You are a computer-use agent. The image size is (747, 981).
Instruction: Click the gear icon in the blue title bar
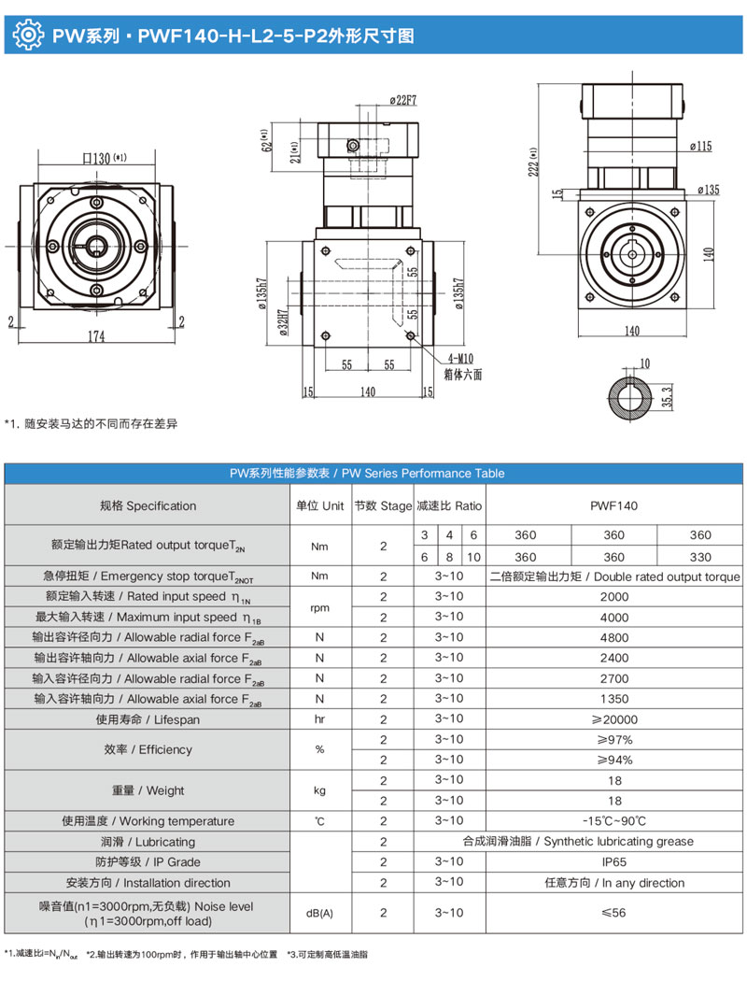(29, 36)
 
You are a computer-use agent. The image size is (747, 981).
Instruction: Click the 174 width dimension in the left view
(96, 337)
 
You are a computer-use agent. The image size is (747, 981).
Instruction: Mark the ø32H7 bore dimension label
(282, 321)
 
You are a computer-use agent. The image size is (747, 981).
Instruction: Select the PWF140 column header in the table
(613, 505)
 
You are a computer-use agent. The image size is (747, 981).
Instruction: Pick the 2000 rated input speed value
(613, 596)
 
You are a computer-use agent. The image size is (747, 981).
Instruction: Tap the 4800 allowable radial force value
(613, 637)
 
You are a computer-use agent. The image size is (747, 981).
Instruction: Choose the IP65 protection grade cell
(613, 862)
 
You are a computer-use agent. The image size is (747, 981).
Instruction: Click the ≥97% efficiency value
(613, 739)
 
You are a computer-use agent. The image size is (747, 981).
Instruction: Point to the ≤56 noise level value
(613, 914)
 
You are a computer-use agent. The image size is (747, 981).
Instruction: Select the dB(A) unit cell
(319, 914)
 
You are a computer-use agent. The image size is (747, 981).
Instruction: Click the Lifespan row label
(148, 719)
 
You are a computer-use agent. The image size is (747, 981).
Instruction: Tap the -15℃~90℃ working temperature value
(613, 821)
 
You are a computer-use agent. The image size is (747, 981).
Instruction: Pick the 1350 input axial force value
(613, 699)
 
